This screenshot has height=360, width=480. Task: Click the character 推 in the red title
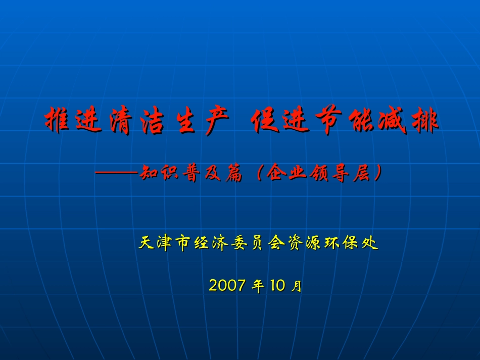[x=57, y=120]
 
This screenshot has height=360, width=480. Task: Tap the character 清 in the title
[x=121, y=120]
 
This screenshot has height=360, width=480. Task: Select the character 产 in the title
[x=217, y=120]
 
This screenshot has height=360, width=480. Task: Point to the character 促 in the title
[x=264, y=120]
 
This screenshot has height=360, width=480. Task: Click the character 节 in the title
[x=328, y=120]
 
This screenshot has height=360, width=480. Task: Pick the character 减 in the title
[x=392, y=120]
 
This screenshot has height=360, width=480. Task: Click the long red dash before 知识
[x=117, y=173]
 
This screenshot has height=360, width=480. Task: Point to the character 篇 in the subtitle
[x=234, y=173]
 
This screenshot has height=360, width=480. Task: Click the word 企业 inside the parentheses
[x=286, y=173]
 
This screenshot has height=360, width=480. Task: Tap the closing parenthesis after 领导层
[x=378, y=173]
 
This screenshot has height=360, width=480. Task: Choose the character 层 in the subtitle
[x=362, y=173]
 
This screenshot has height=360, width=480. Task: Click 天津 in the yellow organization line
[x=155, y=243]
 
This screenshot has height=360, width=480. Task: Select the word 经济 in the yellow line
[x=211, y=243]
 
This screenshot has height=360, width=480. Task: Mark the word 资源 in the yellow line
[x=304, y=243]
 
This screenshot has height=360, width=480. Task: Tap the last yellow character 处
[x=370, y=243]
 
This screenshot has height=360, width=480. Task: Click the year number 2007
[x=227, y=285]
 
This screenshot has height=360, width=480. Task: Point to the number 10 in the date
[x=278, y=285]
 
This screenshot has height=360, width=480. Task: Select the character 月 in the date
[x=296, y=286]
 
